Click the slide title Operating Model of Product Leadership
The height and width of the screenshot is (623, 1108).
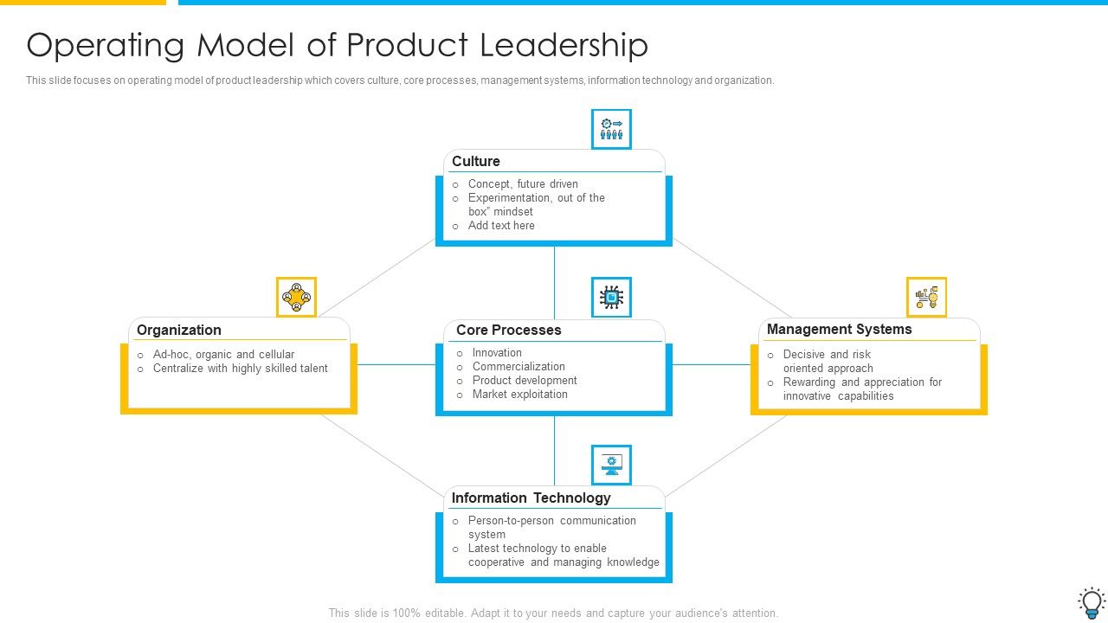pyautogui.click(x=337, y=45)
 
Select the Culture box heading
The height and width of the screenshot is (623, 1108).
pyautogui.click(x=476, y=162)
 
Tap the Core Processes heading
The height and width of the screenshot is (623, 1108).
pyautogui.click(x=508, y=331)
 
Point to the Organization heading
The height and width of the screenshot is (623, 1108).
pyautogui.click(x=179, y=331)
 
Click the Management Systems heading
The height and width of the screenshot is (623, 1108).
pyautogui.click(x=839, y=330)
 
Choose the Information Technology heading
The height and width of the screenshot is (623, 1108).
pyautogui.click(x=531, y=498)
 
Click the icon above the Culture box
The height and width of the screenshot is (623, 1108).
pyautogui.click(x=611, y=129)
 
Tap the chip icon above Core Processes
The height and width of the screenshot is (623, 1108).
pyautogui.click(x=611, y=298)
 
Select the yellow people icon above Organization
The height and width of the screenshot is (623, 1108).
pyautogui.click(x=296, y=298)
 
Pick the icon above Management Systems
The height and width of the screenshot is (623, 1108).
pyautogui.click(x=926, y=298)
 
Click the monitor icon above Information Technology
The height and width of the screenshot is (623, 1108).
pyautogui.click(x=611, y=466)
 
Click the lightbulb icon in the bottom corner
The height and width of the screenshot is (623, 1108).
pyautogui.click(x=1091, y=601)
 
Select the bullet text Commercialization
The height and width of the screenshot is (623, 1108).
pyautogui.click(x=519, y=367)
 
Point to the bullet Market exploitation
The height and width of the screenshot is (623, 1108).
pyautogui.click(x=519, y=395)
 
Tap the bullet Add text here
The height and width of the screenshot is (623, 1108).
pyautogui.click(x=501, y=226)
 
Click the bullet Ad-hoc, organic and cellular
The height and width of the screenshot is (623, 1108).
pyautogui.click(x=223, y=355)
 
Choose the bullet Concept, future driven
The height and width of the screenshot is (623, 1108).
pyautogui.click(x=523, y=184)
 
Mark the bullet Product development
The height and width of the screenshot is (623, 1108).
pyautogui.click(x=525, y=381)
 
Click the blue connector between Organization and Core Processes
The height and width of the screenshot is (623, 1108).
pyautogui.click(x=396, y=365)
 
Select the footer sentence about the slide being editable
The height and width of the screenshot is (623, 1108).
pyautogui.click(x=553, y=613)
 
